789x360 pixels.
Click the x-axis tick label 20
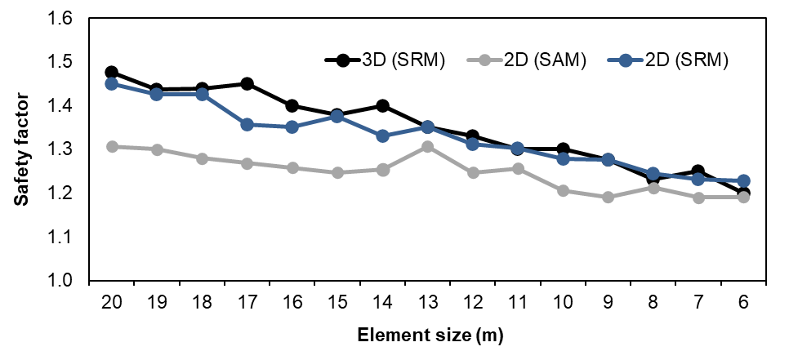112,302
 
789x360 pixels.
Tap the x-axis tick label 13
427,302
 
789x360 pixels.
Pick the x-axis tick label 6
743,302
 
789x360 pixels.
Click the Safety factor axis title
25,149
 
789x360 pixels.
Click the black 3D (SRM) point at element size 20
112,73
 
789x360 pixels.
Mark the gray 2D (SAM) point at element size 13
427,147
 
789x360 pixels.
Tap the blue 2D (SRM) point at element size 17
247,124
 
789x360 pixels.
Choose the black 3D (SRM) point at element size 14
382,105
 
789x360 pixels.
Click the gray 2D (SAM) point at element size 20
112,147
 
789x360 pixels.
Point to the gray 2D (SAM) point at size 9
608,197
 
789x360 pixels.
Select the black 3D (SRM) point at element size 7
698,171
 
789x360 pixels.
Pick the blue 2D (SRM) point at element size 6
743,180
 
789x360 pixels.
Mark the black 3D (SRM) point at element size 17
247,84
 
